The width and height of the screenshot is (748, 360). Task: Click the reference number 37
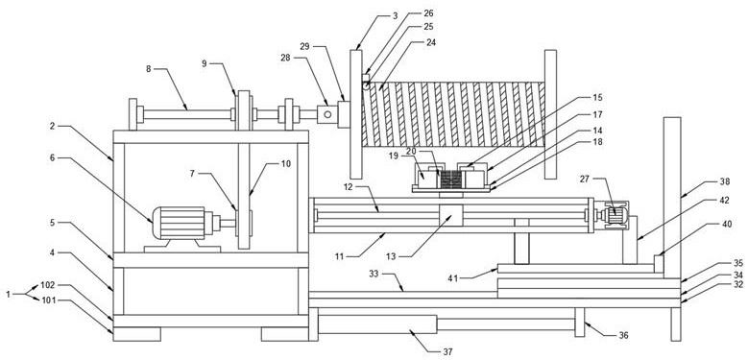point(448,352)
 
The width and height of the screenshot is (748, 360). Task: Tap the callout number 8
point(149,69)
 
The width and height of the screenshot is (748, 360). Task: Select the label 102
point(48,285)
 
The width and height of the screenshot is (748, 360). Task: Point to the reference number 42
point(725,201)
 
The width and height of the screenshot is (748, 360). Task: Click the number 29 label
point(305,46)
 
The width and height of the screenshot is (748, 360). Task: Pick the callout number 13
point(391,257)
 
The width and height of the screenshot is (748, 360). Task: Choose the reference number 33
point(374,274)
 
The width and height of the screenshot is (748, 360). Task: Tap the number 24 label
point(431,42)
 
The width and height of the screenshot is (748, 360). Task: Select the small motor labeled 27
point(615,216)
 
